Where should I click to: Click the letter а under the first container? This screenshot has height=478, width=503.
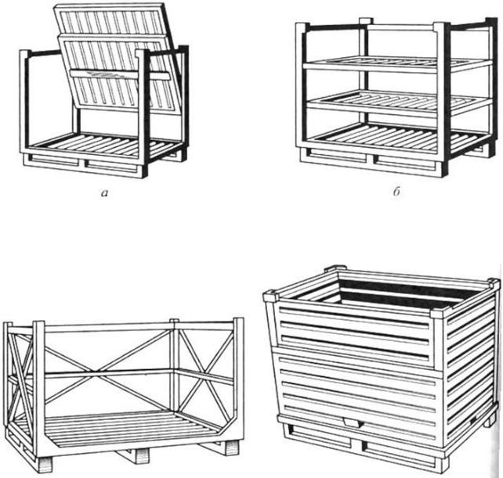pos(104,192)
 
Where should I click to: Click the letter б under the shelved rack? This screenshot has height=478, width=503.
pos(396,192)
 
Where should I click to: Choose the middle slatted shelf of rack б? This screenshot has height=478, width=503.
pos(398,101)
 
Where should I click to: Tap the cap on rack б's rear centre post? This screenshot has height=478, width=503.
pos(366,21)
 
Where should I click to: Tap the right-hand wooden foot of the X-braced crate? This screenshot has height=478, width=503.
pos(232,447)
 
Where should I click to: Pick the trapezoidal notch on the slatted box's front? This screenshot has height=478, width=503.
pos(353,423)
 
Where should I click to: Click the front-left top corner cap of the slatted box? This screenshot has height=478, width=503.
pos(271,296)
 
